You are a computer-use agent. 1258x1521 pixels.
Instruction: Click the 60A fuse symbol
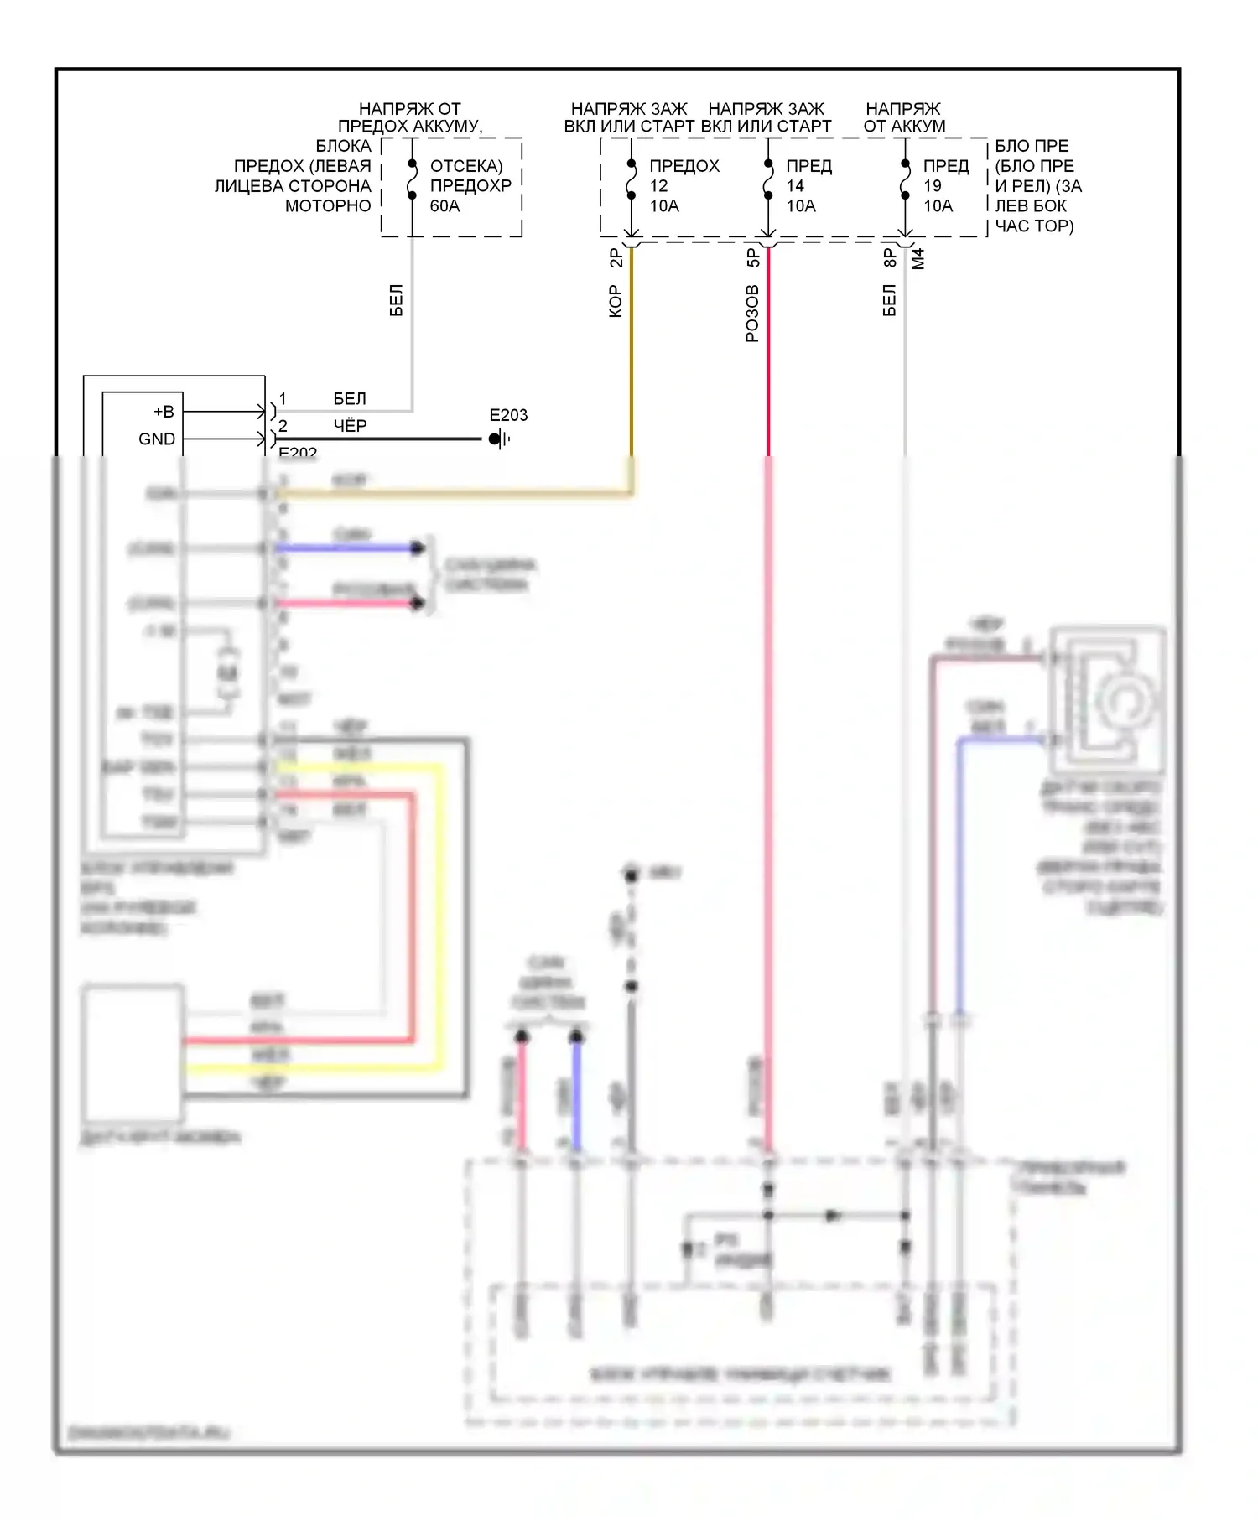point(412,179)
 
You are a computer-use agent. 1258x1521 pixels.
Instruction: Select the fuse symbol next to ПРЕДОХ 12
point(632,179)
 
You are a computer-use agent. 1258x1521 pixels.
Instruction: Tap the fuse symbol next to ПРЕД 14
point(768,179)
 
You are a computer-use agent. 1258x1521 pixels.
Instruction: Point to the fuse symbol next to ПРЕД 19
point(905,179)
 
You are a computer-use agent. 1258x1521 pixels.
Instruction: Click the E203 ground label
point(508,415)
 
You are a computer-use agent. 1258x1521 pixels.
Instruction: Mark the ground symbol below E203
point(499,439)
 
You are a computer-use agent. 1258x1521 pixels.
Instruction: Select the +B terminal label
point(164,412)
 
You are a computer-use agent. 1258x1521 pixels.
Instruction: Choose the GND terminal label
point(157,439)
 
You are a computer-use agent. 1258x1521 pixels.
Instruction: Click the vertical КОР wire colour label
point(615,302)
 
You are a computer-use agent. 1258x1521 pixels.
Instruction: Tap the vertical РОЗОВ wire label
point(752,314)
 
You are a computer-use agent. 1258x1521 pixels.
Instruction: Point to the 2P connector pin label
point(616,258)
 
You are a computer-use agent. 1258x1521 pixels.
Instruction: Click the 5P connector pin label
point(753,258)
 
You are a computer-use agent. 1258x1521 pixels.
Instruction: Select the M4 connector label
point(918,258)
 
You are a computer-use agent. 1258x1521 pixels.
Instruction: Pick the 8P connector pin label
point(890,258)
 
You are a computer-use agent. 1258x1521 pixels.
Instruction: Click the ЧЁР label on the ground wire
point(350,426)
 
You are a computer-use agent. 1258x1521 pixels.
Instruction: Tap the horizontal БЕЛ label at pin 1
point(350,398)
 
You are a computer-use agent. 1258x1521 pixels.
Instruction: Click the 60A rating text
point(444,206)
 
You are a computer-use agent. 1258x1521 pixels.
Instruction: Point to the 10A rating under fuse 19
point(938,206)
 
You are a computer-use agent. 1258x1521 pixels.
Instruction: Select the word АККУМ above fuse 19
point(920,127)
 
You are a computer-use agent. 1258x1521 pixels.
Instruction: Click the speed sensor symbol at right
point(1109,698)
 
